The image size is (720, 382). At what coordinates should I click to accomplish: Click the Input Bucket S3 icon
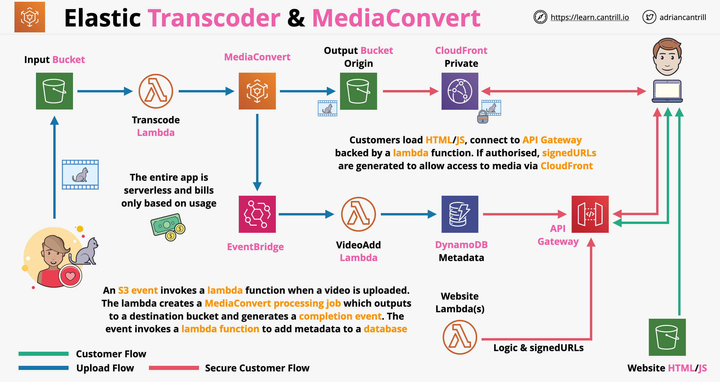(54, 91)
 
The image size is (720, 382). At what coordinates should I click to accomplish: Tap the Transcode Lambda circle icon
(156, 91)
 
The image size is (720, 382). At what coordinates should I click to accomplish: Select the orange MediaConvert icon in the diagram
(257, 91)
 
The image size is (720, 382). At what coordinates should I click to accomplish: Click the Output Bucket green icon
(359, 91)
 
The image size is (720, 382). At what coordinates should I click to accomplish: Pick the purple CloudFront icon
(460, 91)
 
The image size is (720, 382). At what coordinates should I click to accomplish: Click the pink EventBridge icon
(257, 214)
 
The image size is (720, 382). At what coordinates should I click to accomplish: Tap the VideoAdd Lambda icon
(359, 214)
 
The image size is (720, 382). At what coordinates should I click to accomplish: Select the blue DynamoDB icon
(460, 214)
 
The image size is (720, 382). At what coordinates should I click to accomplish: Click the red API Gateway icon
(590, 214)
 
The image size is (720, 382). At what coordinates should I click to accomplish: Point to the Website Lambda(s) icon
(460, 337)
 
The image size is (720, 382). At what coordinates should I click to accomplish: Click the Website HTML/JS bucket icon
(667, 337)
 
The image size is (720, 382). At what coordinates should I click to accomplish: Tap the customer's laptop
(667, 91)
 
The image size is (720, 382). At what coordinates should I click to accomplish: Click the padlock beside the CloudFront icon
(483, 117)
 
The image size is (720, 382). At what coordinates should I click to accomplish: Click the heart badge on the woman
(70, 276)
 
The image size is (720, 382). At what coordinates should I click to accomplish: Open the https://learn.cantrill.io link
(590, 17)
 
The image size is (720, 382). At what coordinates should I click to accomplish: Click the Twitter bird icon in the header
(649, 17)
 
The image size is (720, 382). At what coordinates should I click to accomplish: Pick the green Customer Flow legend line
(44, 354)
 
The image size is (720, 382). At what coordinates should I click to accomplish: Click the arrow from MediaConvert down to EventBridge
(257, 153)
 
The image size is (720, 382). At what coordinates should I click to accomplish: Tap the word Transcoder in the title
(214, 18)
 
